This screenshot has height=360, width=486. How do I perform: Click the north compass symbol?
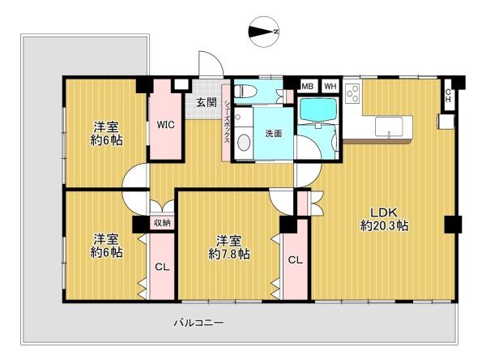pos(264,32)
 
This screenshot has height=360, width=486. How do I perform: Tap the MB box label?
pos(307,87)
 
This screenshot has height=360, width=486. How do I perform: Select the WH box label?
pos(330,87)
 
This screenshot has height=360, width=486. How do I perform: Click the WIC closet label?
pos(165,125)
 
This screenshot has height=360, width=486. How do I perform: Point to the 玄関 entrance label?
pos(207,102)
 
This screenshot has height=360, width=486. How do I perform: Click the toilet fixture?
pos(245,92)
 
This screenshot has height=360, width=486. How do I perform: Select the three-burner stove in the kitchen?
pos(352,93)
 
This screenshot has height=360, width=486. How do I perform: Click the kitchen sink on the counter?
pos(389,126)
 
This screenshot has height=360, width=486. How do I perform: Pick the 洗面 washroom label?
pos(274,134)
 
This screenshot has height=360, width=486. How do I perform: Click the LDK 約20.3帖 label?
pos(384,219)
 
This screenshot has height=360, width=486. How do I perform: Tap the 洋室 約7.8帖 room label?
pos(229,247)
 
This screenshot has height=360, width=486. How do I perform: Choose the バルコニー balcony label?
pos(198,323)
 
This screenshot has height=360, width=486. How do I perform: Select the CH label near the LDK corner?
pos(448,96)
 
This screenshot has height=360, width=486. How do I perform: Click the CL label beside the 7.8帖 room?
pos(296,260)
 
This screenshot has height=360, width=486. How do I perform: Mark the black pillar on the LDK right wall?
pos(453,224)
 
